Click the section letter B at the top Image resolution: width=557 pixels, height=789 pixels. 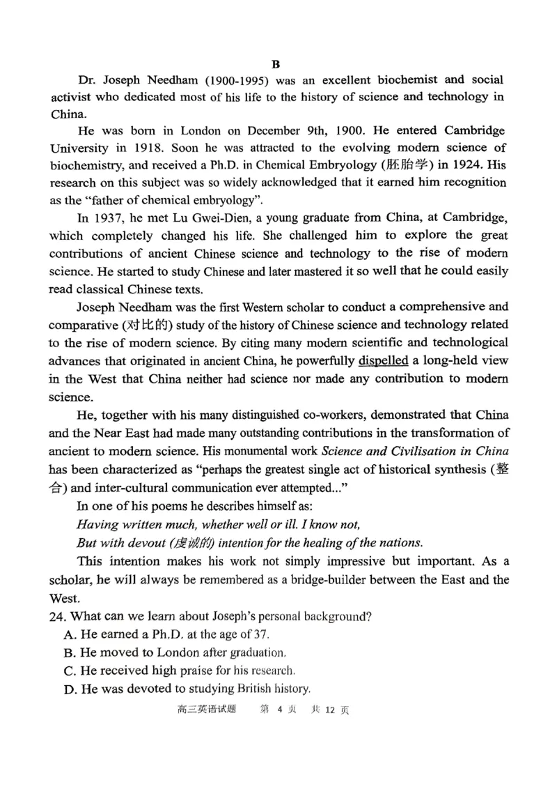coord(276,64)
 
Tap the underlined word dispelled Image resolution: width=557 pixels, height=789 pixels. coord(382,361)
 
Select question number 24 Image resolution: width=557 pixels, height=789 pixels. coord(58,616)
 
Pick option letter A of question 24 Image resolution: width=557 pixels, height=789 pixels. coord(68,634)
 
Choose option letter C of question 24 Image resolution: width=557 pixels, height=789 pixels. coord(68,671)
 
